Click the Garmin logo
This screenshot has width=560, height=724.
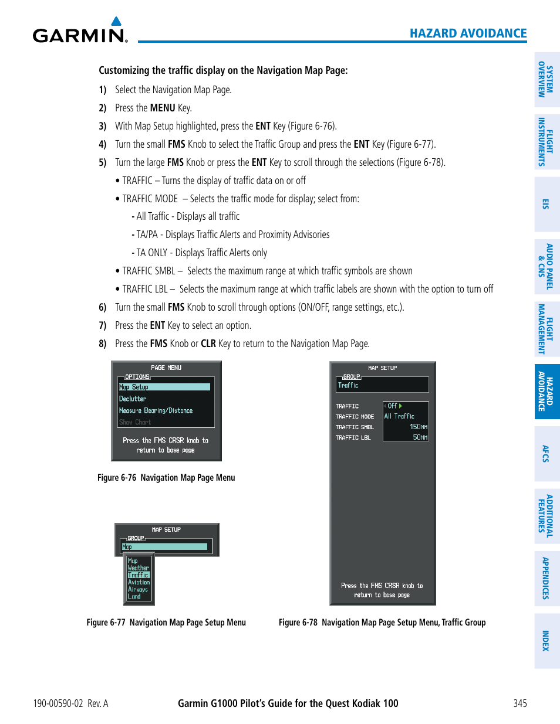pos(80,32)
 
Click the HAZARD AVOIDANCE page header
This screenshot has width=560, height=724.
pos(468,33)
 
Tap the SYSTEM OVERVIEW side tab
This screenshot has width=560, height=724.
pos(546,80)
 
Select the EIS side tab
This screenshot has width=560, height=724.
pos(546,204)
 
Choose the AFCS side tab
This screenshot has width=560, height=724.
pos(546,454)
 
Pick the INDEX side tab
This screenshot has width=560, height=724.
pos(546,641)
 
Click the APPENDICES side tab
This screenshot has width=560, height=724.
pos(546,578)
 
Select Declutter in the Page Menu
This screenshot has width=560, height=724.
pos(133,399)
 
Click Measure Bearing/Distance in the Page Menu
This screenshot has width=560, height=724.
pos(156,410)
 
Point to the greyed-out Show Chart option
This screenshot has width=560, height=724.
pos(135,422)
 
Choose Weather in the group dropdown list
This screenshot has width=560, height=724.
pos(139,568)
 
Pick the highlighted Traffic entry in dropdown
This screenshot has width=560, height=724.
pos(139,575)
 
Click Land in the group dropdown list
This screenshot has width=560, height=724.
pos(134,597)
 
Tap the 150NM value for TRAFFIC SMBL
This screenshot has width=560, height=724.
pos(419,427)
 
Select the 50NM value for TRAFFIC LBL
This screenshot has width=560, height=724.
pos(420,437)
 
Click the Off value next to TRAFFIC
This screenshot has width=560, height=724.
pos(393,406)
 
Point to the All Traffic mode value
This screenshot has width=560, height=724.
pos(399,416)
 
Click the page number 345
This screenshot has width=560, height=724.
pos(519,703)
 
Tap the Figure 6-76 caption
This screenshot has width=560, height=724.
pos(166,478)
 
